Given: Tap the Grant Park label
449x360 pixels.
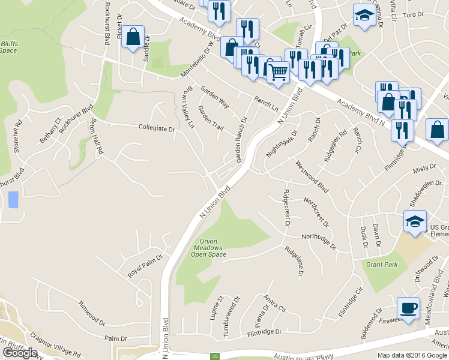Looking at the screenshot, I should click(x=382, y=265).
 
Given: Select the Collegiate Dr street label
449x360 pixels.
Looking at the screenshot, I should click(x=156, y=128).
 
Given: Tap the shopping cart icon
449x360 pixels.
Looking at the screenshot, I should click(x=277, y=73).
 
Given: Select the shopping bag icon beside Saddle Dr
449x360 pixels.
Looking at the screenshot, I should click(x=133, y=37).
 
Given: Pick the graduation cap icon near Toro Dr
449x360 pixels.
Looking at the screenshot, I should click(x=364, y=17).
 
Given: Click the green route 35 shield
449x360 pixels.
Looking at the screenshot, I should click(x=215, y=356).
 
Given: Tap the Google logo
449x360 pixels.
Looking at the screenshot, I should click(x=20, y=353).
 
